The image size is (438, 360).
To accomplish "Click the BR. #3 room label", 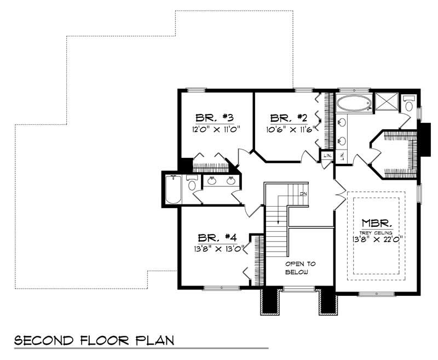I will [x=215, y=118].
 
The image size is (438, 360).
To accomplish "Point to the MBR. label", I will [x=376, y=223].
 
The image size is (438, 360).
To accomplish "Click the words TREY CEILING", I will [x=376, y=232].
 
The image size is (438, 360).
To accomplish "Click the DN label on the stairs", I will [x=304, y=194].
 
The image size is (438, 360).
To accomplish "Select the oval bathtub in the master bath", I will [x=354, y=103].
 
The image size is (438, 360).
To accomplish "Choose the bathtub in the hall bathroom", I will [x=173, y=189].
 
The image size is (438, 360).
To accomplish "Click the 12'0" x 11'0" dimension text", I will [x=215, y=130].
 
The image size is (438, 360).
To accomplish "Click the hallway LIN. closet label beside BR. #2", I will [x=327, y=157].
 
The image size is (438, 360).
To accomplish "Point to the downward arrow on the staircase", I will [x=279, y=220].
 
